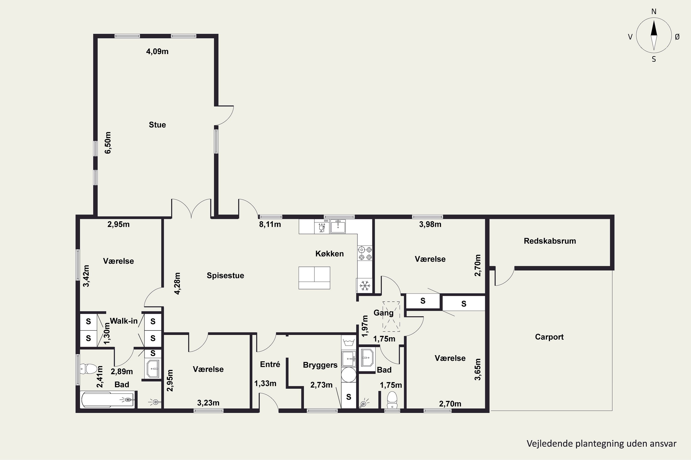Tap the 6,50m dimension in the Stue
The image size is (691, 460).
(108, 143)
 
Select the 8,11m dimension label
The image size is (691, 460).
(270, 224)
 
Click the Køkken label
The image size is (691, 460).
(329, 253)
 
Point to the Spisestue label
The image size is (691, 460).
(225, 276)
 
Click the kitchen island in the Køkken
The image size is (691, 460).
(314, 278)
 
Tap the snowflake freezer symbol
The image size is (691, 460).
(365, 285)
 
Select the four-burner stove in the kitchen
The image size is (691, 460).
(365, 253)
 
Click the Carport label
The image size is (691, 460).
(549, 337)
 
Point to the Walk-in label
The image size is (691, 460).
(124, 321)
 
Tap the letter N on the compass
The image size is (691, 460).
(654, 11)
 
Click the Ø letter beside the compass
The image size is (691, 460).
(677, 37)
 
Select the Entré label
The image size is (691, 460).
(270, 364)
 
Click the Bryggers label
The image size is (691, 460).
(320, 365)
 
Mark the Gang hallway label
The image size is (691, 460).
(384, 313)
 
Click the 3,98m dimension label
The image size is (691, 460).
(430, 224)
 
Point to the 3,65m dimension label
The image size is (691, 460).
(478, 369)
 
